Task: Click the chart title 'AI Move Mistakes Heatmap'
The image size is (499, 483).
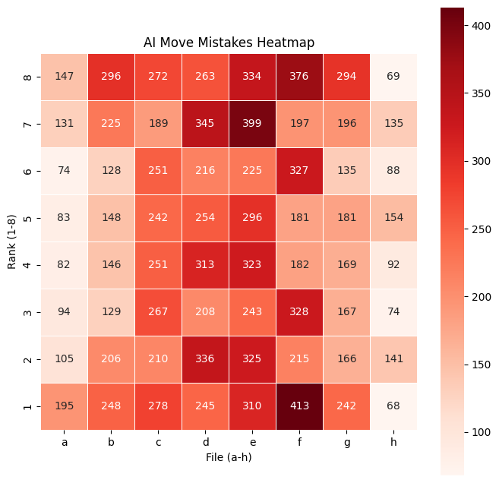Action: tap(229, 43)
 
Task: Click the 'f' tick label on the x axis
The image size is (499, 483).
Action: tap(299, 441)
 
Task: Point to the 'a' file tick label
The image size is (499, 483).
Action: tap(64, 441)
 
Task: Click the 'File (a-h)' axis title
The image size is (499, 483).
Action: tap(229, 457)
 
